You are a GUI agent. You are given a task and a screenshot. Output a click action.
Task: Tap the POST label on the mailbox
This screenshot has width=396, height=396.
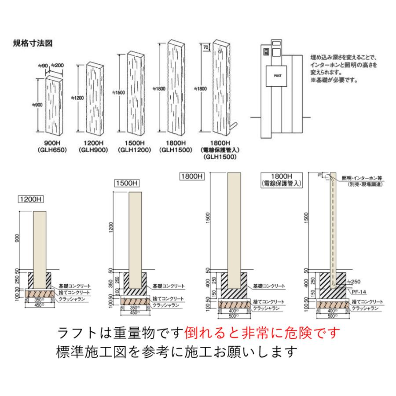(x=278, y=76)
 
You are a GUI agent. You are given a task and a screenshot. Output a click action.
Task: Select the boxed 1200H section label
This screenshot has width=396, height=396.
(x=30, y=198)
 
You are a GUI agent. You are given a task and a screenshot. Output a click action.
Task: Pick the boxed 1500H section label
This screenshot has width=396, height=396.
(x=126, y=183)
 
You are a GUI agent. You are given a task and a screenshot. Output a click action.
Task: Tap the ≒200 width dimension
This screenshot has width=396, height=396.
(x=57, y=66)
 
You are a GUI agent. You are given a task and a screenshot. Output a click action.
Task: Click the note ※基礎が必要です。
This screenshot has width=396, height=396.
(x=334, y=81)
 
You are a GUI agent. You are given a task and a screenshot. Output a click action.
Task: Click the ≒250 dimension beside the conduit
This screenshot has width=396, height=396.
(x=353, y=281)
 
